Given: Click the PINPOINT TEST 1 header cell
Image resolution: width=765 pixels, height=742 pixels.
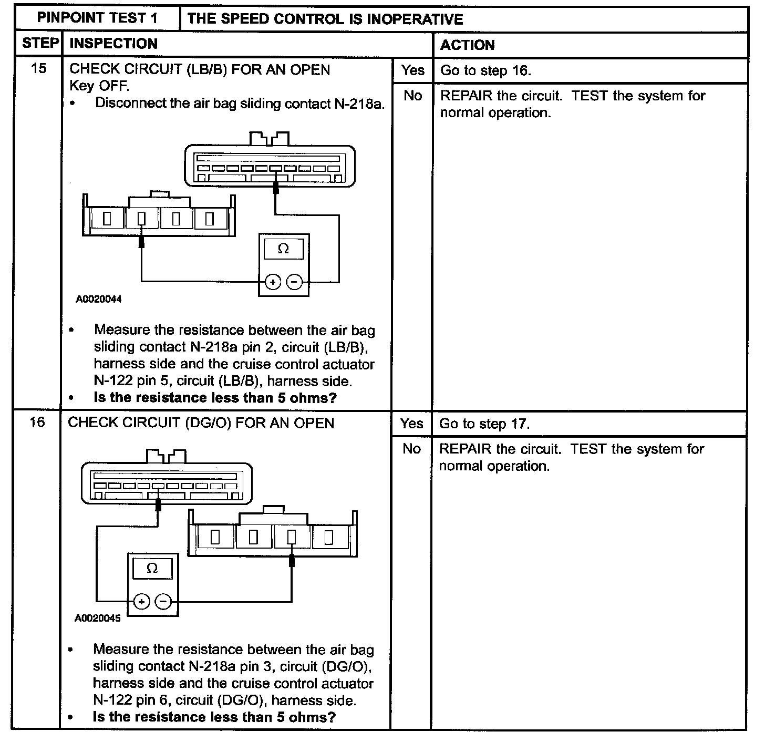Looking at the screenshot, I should point(97,18).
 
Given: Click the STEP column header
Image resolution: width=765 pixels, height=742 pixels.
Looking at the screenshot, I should point(40,44).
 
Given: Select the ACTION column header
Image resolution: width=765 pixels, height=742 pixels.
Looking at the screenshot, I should point(467,45).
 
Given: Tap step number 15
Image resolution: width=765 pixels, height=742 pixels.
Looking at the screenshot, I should point(39,68).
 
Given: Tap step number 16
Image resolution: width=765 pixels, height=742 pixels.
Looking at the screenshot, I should point(37,422).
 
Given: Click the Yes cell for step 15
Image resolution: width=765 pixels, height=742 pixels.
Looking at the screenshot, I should point(412,70).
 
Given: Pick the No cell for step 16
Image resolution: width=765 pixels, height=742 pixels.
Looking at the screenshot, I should point(411,449).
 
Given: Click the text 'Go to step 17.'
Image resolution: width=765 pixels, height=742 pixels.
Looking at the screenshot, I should point(484,424).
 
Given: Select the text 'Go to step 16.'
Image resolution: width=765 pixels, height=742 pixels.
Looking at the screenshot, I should point(485,71).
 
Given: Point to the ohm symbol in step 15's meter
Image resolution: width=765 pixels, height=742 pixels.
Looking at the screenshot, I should point(283,249).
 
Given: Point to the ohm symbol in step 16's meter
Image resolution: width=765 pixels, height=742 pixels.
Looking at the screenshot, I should point(152,568).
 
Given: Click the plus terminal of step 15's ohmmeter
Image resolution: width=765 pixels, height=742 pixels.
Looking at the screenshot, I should point(272,282).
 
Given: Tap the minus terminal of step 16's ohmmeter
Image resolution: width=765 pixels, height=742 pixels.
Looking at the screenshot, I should point(164,601).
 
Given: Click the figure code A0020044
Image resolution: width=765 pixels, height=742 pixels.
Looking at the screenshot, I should point(99,300).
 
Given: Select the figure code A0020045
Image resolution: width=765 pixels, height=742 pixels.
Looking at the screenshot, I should point(98,619).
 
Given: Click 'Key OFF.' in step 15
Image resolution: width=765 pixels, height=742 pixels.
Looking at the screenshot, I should point(99,86).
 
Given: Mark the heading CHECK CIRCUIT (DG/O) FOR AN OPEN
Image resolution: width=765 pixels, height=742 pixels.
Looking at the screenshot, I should point(201,423).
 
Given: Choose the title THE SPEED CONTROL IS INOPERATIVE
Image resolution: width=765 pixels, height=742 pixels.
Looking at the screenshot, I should point(325,19).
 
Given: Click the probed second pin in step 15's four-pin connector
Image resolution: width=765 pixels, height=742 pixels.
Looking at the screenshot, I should point(141,219).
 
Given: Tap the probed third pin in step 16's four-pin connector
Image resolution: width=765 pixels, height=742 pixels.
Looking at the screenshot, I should point(292,537).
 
